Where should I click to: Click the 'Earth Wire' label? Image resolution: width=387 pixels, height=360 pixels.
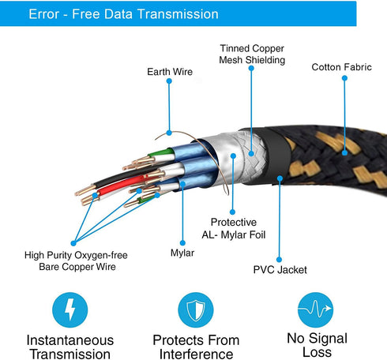pyautogui.click(x=170, y=72)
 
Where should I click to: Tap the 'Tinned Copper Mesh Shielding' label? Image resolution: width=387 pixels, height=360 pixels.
pyautogui.click(x=252, y=54)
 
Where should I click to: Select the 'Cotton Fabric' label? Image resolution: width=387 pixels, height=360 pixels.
pyautogui.click(x=341, y=67)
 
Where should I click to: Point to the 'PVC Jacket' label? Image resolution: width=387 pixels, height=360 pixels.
pyautogui.click(x=280, y=270)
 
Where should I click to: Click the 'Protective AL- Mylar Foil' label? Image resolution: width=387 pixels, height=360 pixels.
pyautogui.click(x=234, y=228)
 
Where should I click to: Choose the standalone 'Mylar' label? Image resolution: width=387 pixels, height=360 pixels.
pyautogui.click(x=182, y=253)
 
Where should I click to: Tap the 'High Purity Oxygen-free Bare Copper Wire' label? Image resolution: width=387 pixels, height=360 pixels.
pyautogui.click(x=76, y=261)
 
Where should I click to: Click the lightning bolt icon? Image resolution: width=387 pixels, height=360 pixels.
pyautogui.click(x=70, y=309)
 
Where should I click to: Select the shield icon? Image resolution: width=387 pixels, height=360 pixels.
pyautogui.click(x=196, y=309)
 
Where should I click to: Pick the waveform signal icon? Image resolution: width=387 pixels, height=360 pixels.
pyautogui.click(x=315, y=309)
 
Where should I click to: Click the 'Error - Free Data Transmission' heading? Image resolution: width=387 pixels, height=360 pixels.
pyautogui.click(x=123, y=14)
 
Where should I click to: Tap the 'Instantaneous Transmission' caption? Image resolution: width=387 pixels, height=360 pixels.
pyautogui.click(x=70, y=347)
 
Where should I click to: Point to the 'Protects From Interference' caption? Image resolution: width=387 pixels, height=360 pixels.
pyautogui.click(x=196, y=347)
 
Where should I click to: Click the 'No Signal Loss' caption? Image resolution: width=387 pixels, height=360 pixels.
pyautogui.click(x=317, y=345)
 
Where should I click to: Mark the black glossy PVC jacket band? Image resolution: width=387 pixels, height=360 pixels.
pyautogui.click(x=276, y=156)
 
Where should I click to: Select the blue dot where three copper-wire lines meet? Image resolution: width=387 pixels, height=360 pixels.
pyautogui.click(x=73, y=243)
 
